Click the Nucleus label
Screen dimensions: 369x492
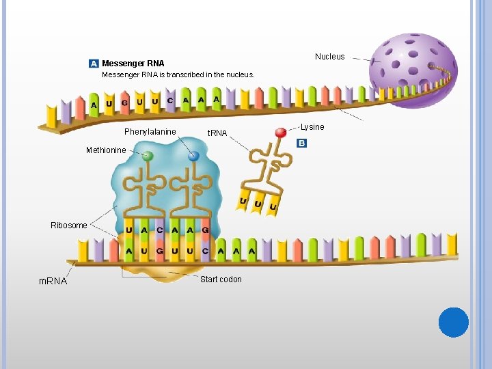[x=329, y=57]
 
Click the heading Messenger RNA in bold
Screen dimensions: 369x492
[x=133, y=64]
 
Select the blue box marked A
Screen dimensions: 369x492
[x=94, y=64]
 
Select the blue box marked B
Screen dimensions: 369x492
[x=302, y=143]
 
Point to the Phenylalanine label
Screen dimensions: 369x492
[x=150, y=132]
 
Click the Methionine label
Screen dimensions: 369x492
[x=106, y=150]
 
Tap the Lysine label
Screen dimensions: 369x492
[x=312, y=127]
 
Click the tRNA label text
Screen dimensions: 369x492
[x=217, y=133]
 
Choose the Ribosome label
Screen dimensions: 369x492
[x=69, y=225]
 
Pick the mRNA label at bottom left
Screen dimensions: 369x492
[x=53, y=281]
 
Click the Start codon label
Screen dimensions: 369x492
[x=221, y=279]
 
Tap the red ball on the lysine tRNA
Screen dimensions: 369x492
[x=280, y=133]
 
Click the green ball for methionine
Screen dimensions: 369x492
[x=148, y=156]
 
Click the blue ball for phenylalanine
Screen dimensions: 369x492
[x=193, y=156]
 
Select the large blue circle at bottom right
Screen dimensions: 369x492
[x=454, y=322]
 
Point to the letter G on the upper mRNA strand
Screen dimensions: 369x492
[x=124, y=103]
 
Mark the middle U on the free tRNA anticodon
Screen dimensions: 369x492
[x=258, y=204]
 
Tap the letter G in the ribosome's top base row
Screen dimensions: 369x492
[x=206, y=230]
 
